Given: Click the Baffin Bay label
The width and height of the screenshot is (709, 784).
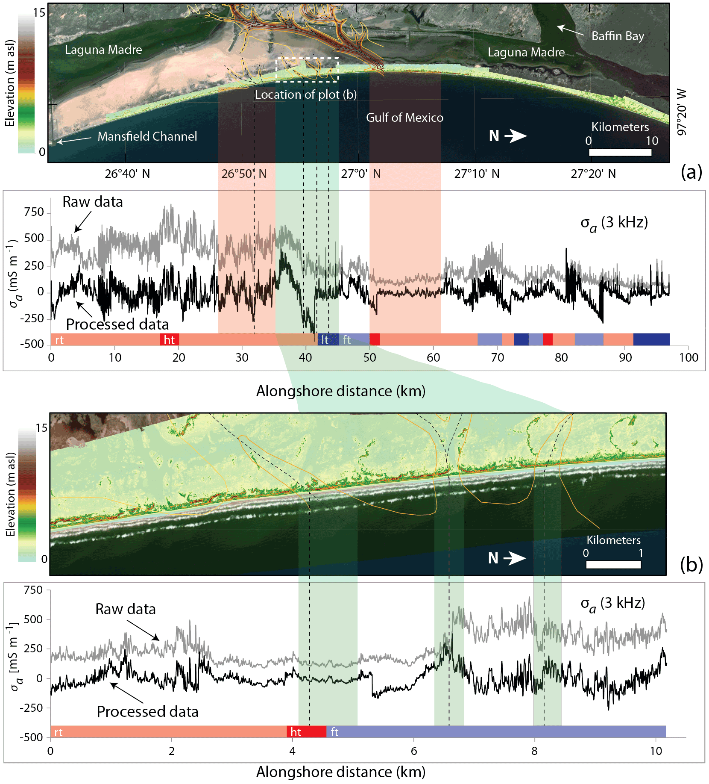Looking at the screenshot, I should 618,36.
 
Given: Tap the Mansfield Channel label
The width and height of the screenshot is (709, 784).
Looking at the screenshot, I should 147,136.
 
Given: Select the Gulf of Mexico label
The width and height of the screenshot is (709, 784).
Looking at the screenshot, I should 404,118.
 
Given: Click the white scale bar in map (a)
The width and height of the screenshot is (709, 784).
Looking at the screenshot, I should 620,152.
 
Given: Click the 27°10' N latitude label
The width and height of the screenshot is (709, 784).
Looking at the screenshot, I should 477,174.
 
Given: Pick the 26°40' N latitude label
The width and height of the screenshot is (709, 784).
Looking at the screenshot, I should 127,174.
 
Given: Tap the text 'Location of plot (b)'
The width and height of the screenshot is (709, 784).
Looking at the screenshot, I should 306,94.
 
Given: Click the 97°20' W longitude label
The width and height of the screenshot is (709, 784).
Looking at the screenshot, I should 682,112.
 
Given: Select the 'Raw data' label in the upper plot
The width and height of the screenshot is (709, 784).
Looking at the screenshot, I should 93,202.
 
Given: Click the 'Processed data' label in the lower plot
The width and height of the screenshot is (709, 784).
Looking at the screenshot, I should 147,712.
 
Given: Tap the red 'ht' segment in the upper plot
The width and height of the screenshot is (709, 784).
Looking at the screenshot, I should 169,340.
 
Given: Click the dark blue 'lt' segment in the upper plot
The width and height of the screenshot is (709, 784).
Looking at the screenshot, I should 327,340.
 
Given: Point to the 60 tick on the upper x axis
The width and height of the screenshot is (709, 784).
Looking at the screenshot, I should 433,358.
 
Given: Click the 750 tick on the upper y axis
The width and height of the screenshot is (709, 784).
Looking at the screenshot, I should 34,212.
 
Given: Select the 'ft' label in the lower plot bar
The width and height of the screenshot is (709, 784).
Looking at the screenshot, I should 334,732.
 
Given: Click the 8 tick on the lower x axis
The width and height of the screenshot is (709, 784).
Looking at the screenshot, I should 534,751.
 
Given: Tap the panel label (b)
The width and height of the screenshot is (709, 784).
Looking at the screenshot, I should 691,565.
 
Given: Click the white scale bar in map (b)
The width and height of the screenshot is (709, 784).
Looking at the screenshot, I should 613,565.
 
